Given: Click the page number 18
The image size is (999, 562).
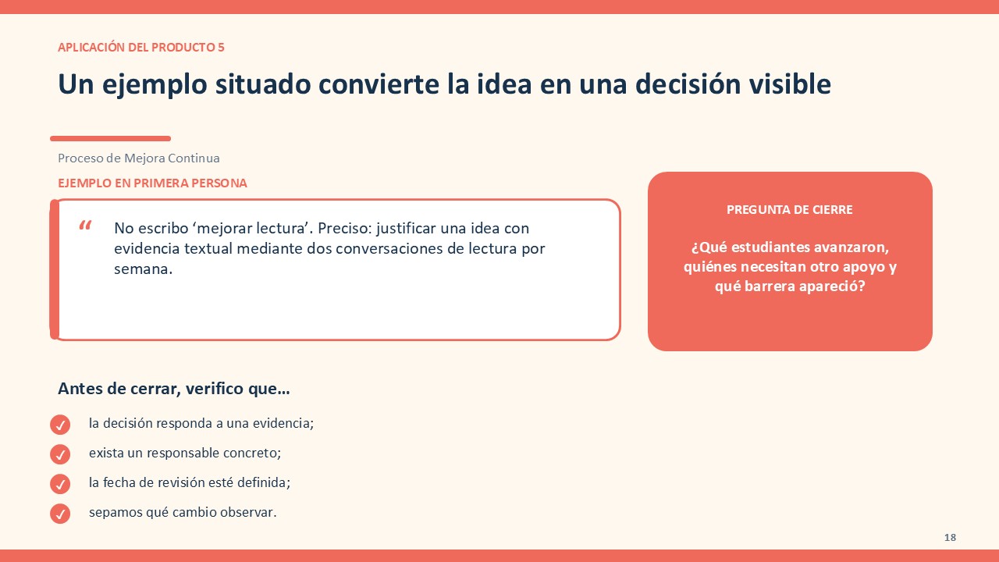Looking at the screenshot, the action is click(x=950, y=538).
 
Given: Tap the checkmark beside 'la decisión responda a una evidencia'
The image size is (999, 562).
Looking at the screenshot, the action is click(x=60, y=425).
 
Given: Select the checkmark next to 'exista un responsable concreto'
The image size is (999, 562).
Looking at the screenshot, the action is click(x=60, y=454).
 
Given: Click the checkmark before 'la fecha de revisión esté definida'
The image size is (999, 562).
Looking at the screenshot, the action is click(x=60, y=484).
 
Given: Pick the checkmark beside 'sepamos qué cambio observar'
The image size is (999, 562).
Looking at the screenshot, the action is click(x=60, y=514).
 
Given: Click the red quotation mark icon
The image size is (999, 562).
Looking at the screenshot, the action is click(x=85, y=226).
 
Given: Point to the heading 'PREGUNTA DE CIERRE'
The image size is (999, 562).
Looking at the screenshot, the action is click(x=789, y=210).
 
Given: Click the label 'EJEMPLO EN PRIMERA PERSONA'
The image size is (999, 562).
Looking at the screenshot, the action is click(x=152, y=183).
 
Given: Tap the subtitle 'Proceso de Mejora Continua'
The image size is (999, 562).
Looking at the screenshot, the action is click(x=139, y=158).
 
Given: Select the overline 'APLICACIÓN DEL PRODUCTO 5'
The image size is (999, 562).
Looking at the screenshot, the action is click(x=141, y=48).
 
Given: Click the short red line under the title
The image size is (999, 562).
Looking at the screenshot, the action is click(x=111, y=139).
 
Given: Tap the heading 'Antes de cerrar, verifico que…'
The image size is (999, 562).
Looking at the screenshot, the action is click(x=174, y=389).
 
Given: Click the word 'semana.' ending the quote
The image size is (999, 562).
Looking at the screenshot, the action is click(x=143, y=269).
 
